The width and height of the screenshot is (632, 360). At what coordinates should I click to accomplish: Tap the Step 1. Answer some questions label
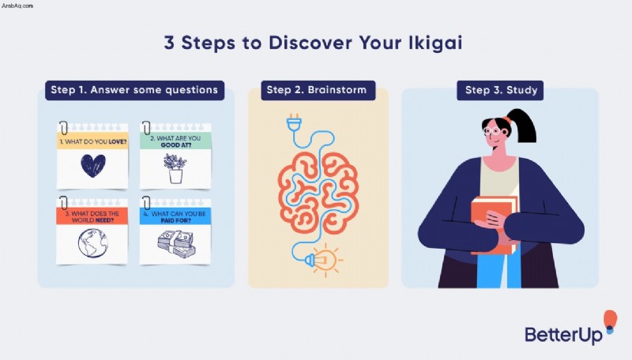(x=134, y=90)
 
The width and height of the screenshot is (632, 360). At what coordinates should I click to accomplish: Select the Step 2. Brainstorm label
(x=318, y=90)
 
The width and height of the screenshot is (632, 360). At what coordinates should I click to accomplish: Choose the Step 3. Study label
(x=500, y=90)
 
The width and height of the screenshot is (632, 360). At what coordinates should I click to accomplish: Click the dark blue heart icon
(x=93, y=166)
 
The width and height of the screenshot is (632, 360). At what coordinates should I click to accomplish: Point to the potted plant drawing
(x=175, y=169)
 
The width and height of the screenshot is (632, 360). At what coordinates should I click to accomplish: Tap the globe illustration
(x=93, y=243)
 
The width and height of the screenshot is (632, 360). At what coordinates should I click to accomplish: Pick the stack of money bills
(x=176, y=244)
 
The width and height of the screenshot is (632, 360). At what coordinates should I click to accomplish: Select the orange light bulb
(x=324, y=261)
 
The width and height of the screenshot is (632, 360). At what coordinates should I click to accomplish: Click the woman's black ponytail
(x=523, y=125)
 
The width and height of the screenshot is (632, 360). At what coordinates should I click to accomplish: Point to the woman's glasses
(x=492, y=131)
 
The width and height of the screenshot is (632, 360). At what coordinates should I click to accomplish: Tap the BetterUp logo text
(x=563, y=335)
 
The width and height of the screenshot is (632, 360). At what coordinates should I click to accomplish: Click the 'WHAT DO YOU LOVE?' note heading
(x=93, y=142)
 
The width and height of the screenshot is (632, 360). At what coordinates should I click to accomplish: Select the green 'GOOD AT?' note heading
(x=175, y=141)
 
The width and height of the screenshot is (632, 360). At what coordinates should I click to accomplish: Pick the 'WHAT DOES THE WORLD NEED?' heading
(x=92, y=216)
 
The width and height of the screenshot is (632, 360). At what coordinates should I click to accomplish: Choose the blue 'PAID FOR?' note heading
(x=175, y=216)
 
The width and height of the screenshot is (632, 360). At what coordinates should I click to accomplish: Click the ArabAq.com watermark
(x=17, y=6)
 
